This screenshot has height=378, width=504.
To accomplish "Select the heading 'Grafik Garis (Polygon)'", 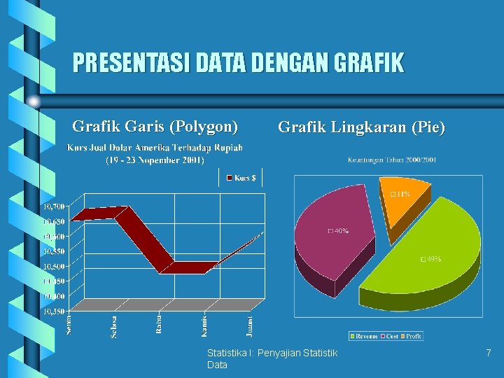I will (155, 127).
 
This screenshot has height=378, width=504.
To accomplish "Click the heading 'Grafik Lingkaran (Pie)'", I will (361, 127).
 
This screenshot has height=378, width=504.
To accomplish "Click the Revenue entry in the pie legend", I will (365, 337).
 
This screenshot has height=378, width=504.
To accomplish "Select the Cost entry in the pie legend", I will (390, 337).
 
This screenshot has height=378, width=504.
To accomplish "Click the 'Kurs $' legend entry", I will (241, 178).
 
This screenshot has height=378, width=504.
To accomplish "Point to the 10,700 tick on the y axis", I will (54, 206).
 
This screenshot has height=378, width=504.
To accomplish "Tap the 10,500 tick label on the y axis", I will (54, 266).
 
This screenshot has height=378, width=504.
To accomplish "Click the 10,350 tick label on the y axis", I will (54, 311).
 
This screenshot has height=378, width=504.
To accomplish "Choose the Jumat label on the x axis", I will (250, 325).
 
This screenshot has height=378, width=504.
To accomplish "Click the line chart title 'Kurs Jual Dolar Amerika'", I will (155, 148).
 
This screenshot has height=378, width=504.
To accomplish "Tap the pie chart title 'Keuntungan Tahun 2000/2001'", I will (392, 160).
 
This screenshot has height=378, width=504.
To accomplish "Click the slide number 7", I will (489, 354).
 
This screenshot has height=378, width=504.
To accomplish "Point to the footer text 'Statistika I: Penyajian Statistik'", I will (272, 352).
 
